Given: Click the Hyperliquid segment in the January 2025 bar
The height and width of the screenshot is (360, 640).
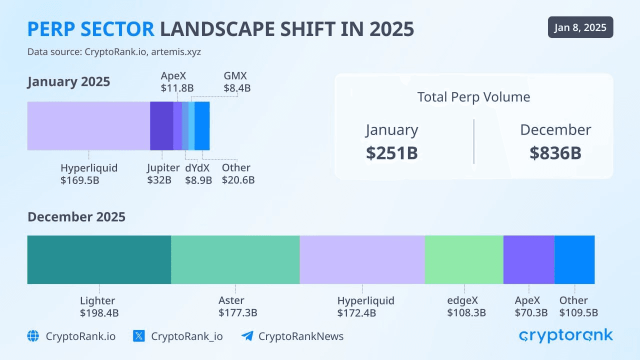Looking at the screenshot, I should [88, 125].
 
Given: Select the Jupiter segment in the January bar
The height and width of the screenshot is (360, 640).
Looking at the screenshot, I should [161, 125].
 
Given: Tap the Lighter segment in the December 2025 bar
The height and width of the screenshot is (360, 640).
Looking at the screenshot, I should [99, 259].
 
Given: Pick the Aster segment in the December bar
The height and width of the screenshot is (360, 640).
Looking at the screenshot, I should [235, 259].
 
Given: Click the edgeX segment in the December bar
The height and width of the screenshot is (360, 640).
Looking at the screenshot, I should [463, 259].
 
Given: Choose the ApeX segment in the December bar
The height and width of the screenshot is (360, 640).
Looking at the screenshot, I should [528, 259].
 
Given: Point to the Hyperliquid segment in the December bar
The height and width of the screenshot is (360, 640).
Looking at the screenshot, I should [362, 259].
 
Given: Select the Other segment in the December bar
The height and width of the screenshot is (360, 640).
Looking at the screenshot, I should [574, 259].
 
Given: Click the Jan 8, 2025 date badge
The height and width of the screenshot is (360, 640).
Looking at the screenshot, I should [580, 27].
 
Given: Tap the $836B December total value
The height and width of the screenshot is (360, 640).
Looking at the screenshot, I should [555, 153].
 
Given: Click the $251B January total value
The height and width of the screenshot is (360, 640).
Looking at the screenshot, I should [391, 153].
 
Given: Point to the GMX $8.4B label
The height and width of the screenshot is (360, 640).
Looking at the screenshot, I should [236, 82].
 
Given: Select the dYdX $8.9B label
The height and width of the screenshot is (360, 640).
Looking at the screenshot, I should [198, 174].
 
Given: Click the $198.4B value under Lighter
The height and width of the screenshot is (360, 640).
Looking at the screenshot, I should [99, 313].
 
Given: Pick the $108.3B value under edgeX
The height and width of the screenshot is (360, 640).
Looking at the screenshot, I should [466, 313].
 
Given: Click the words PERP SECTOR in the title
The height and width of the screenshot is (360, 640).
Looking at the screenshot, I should [90, 29].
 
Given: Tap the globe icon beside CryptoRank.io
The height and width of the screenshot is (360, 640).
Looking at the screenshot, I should [33, 336].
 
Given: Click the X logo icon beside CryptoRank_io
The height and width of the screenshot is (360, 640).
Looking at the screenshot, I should [139, 336].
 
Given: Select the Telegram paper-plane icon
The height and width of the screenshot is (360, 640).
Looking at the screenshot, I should [247, 336].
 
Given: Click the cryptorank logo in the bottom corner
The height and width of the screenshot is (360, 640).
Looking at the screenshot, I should [565, 335].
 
